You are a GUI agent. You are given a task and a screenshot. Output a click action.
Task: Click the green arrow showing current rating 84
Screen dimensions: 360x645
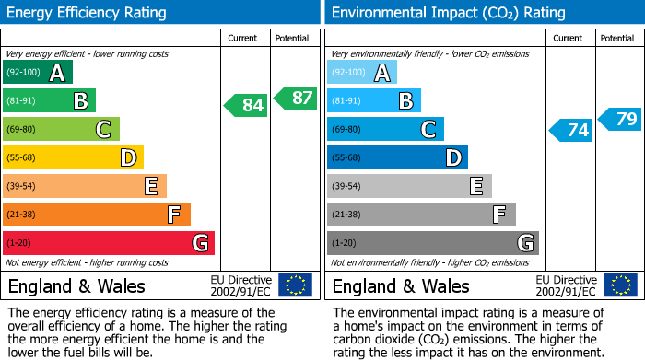[247, 105]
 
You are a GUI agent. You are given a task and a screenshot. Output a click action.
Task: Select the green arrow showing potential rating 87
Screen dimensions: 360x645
[295, 97]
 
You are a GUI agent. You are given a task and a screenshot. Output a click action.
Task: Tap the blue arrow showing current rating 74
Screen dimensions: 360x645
[571, 130]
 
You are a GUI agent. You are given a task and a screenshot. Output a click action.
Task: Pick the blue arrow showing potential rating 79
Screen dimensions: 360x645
[620, 119]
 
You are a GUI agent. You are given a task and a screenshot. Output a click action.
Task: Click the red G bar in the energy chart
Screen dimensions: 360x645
[109, 243]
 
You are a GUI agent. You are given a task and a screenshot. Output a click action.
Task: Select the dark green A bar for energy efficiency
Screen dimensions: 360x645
[38, 73]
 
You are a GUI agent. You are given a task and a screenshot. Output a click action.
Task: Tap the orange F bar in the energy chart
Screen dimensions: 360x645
[97, 215]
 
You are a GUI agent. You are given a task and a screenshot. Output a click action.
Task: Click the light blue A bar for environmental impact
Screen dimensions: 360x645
[362, 73]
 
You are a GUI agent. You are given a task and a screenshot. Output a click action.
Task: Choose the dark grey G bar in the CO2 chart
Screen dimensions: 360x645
[433, 243]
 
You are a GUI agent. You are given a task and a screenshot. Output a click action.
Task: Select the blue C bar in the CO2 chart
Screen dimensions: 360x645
[385, 129]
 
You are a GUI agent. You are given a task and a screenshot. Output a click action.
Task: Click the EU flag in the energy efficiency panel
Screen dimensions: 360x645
[295, 285]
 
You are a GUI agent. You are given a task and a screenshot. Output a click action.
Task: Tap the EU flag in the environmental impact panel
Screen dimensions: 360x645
[619, 285]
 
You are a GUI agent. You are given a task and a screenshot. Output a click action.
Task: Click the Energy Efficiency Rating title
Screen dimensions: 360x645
[87, 13]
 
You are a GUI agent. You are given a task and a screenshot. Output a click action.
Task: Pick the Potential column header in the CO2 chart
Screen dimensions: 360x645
[616, 38]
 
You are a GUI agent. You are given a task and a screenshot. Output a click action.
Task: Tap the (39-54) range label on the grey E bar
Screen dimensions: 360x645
[346, 187]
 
